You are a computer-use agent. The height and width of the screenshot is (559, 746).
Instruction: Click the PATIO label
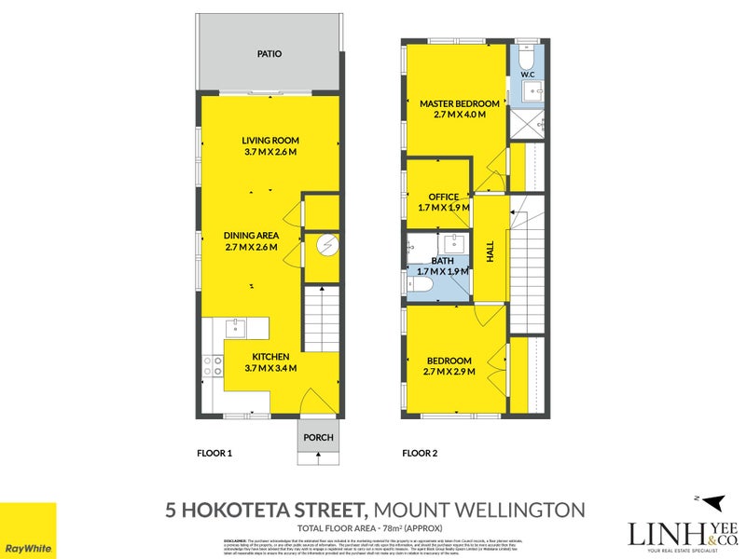(269, 54)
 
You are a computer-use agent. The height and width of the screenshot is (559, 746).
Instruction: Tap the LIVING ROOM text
(269, 141)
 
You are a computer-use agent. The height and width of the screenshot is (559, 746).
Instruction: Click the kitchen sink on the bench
(235, 326)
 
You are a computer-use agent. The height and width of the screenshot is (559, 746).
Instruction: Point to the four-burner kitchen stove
(213, 365)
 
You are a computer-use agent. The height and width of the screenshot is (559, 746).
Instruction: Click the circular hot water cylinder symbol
(324, 245)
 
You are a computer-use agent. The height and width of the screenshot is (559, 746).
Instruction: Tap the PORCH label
(318, 437)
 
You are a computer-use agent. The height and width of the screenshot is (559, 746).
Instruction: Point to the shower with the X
(527, 123)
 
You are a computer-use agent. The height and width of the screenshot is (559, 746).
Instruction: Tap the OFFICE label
(443, 197)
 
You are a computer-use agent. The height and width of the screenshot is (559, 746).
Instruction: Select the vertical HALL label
(490, 251)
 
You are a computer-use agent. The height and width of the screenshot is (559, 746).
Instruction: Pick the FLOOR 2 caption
(421, 454)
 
